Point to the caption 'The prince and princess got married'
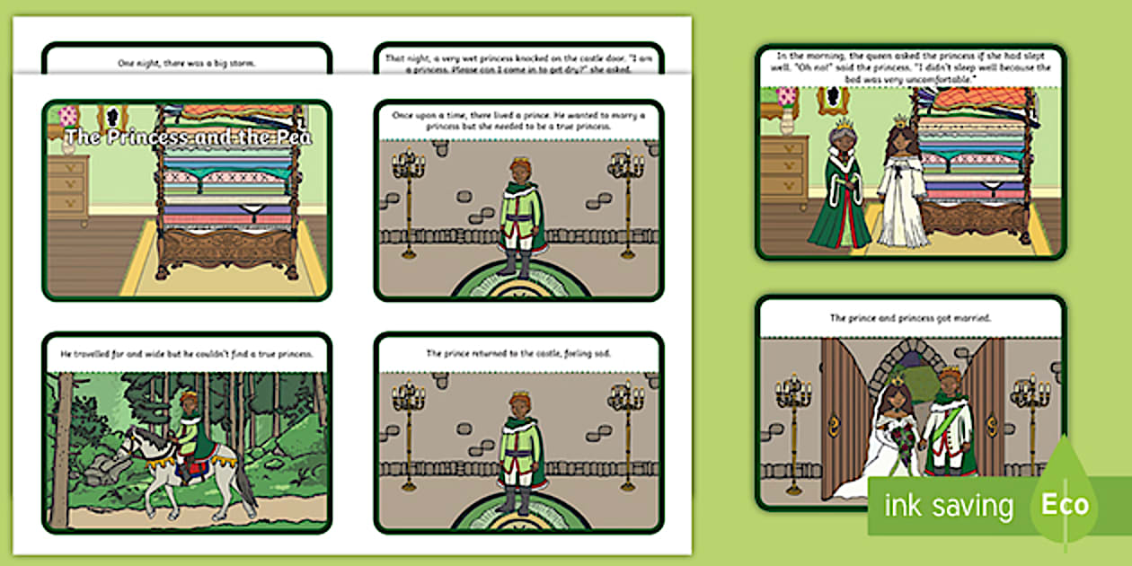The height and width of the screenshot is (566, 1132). pyautogui.click(x=910, y=318)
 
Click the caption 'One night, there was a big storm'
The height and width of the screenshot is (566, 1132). pyautogui.click(x=187, y=63)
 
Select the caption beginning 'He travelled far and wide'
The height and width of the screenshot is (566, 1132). pyautogui.click(x=187, y=353)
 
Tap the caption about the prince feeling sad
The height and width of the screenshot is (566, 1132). pyautogui.click(x=518, y=353)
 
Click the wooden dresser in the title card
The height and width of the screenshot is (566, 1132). pyautogui.click(x=68, y=189)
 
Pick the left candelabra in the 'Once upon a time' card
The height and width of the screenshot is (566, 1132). pyautogui.click(x=409, y=202)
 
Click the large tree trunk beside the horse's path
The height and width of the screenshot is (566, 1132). pyautogui.click(x=60, y=449)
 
